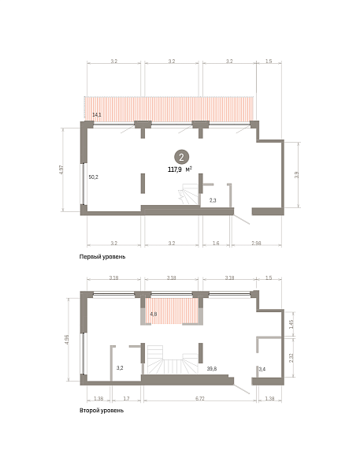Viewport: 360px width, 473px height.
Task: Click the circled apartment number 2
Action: coord(181,157)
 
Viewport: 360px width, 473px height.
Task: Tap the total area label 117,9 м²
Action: coord(180,169)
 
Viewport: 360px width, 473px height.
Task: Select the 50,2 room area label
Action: coord(94,177)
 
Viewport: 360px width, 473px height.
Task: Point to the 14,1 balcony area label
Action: coord(97,114)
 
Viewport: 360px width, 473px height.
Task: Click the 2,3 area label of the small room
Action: coord(213,200)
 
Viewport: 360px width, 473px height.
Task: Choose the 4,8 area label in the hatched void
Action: coord(154,314)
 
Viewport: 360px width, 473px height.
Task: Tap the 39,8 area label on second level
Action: coord(212,368)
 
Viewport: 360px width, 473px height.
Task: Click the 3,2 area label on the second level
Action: coord(120,368)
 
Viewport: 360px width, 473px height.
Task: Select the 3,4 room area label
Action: coord(262,369)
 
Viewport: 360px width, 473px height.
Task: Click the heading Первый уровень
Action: coord(102,257)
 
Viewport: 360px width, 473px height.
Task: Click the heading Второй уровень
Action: coord(102,410)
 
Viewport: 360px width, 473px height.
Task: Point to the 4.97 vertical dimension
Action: coord(61,169)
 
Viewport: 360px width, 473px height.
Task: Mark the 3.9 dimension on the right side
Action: coord(296,175)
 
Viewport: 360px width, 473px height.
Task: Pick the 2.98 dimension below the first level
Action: coord(256,243)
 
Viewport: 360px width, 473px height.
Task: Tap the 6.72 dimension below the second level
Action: coord(199,398)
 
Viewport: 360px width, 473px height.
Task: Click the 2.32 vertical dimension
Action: coord(291,357)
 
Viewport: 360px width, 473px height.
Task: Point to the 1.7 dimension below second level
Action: coord(126,398)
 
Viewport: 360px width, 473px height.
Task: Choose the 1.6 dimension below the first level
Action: coord(216,243)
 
